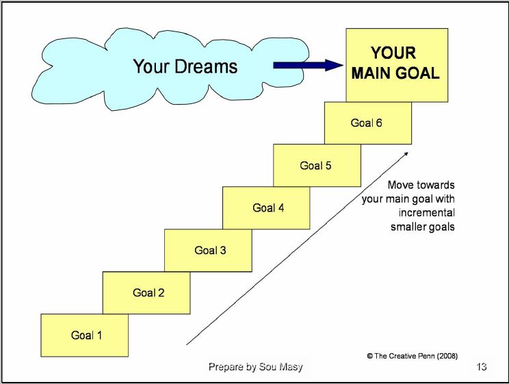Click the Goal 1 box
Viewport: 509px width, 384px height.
(x=85, y=335)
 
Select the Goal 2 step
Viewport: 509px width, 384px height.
(x=146, y=293)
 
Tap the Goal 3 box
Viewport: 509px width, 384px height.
(x=208, y=251)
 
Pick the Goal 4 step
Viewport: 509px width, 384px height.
(x=267, y=208)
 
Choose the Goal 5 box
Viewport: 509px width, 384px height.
(x=317, y=166)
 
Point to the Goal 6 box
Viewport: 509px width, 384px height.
(x=368, y=123)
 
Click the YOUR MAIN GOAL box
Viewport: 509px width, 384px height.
(x=395, y=63)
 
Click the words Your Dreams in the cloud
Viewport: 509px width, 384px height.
(x=185, y=66)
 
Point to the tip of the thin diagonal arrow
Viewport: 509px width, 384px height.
(x=409, y=152)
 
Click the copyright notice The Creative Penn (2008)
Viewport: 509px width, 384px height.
(x=413, y=355)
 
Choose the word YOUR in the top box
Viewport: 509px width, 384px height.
(x=393, y=53)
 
